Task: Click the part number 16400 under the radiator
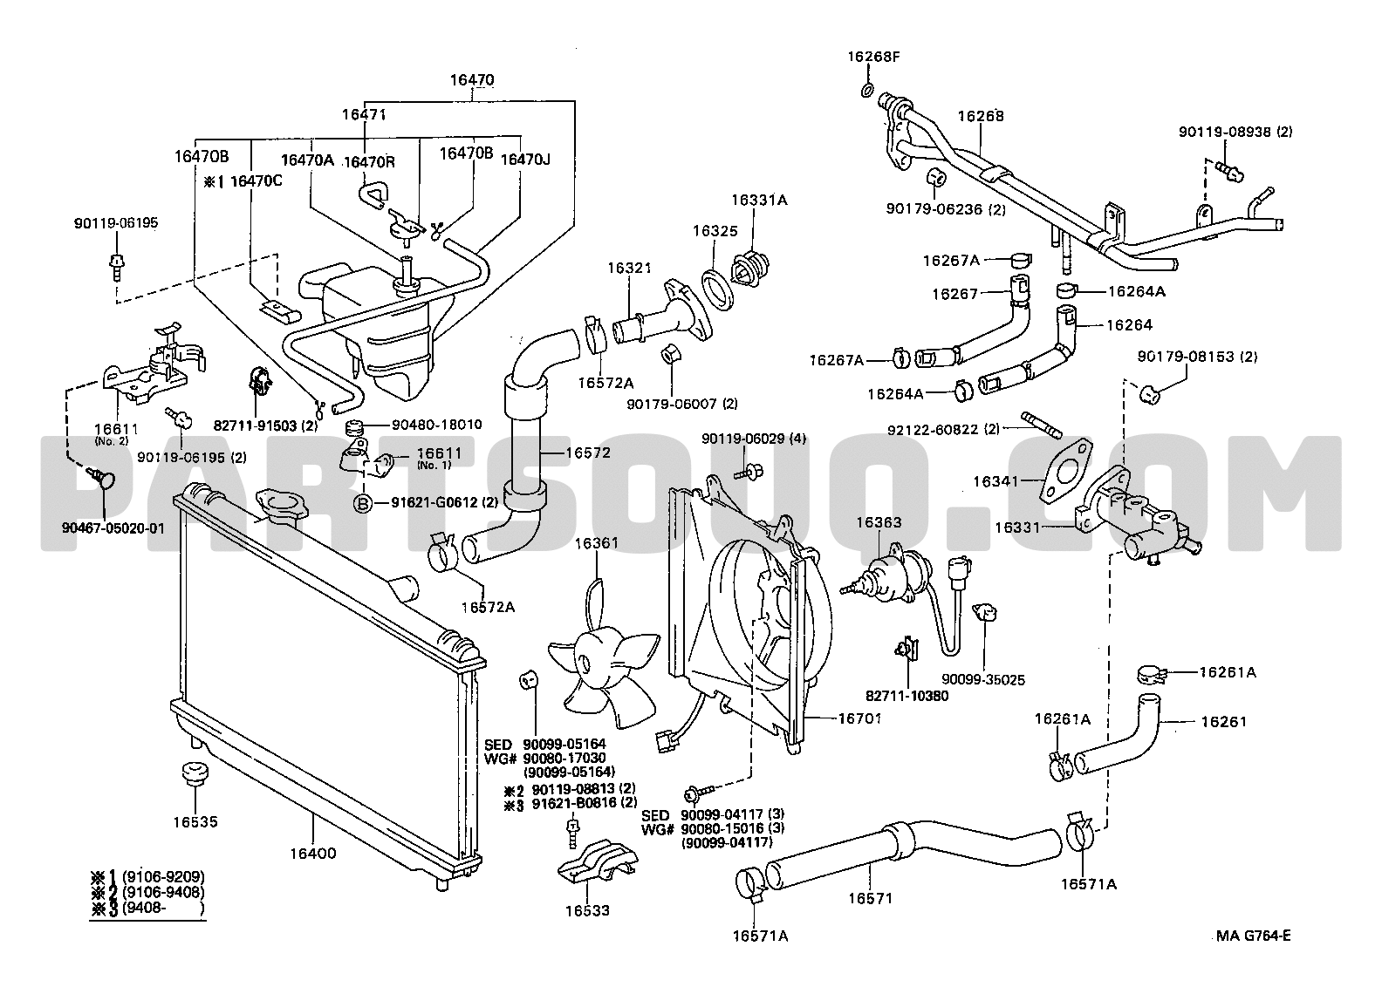tap(313, 854)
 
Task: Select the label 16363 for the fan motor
tap(879, 522)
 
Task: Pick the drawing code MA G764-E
tap(1253, 936)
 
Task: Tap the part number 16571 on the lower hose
tap(870, 898)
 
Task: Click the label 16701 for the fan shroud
tap(859, 718)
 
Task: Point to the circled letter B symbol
tap(363, 504)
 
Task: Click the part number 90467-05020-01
tap(113, 528)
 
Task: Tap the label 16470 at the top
tap(472, 79)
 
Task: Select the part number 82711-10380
tap(907, 696)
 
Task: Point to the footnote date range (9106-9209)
tap(163, 876)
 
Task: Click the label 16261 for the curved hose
tap(1223, 721)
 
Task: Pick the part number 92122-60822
tap(934, 429)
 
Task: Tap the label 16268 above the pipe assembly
tap(981, 116)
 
